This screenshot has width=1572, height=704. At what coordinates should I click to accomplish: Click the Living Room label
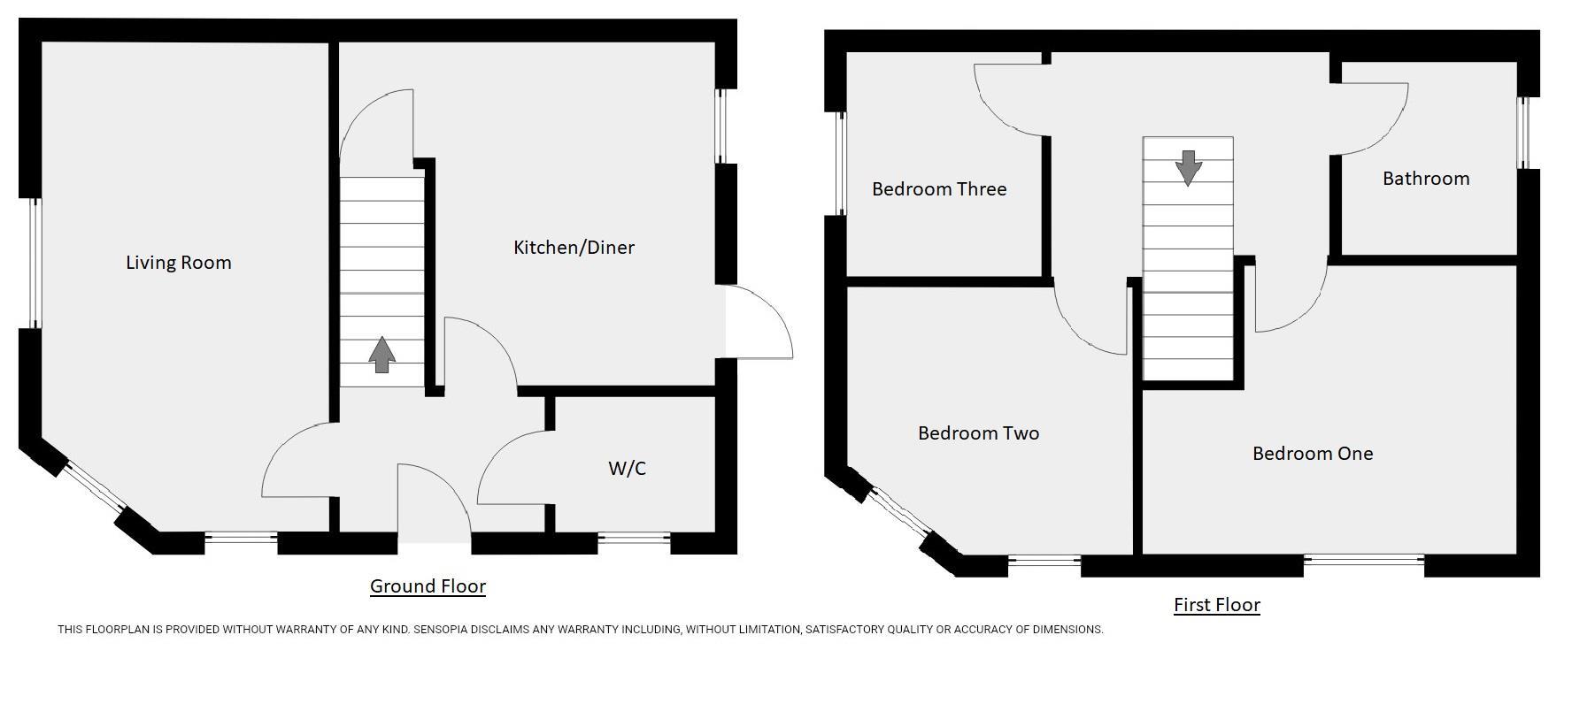[178, 263]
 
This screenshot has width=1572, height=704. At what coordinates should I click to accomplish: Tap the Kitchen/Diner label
[574, 248]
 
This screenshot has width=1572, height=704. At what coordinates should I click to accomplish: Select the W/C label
[627, 469]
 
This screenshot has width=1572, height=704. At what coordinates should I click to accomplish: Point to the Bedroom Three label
[938, 189]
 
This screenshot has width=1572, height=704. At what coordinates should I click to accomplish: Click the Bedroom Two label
[978, 433]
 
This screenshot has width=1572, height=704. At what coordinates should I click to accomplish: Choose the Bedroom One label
[1312, 454]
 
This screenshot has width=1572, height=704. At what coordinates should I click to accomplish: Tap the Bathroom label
[1425, 179]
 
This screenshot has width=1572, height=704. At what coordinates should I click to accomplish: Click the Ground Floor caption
[428, 585]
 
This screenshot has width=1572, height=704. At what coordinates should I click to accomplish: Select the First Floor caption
[1216, 605]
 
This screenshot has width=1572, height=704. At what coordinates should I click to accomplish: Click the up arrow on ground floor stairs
[381, 355]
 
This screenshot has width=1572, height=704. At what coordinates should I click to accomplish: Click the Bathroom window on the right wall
[1523, 133]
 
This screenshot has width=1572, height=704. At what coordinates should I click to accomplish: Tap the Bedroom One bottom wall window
[1363, 559]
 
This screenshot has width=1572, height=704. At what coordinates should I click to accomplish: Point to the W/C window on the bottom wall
[634, 536]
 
